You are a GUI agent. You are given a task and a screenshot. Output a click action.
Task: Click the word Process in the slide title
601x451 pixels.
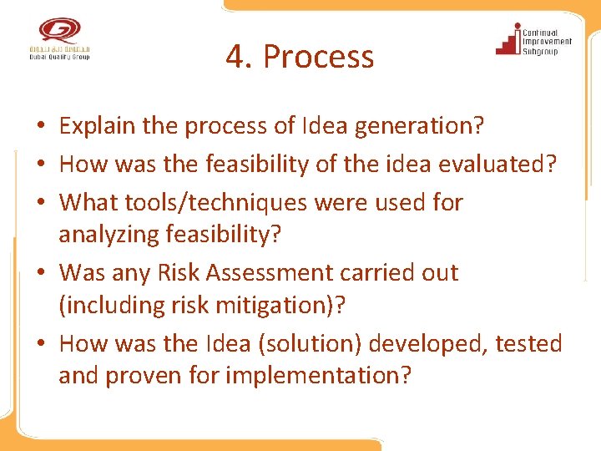pyautogui.click(x=318, y=58)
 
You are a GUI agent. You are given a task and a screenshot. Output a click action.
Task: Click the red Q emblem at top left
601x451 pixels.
pyautogui.click(x=58, y=31)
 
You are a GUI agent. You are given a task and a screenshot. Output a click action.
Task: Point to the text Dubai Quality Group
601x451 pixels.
pyautogui.click(x=58, y=56)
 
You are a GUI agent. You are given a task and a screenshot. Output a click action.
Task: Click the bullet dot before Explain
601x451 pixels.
pyautogui.click(x=40, y=127)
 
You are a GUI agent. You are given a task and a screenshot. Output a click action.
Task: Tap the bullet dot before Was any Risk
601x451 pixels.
pyautogui.click(x=40, y=273)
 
